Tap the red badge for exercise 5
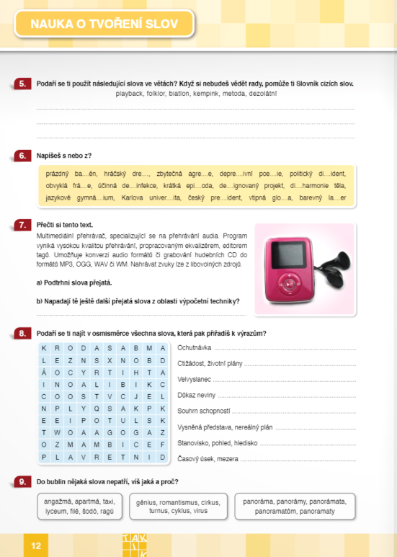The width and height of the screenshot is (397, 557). click(22, 84)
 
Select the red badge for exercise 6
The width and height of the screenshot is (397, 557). click(22, 155)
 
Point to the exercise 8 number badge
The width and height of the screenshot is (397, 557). click(22, 333)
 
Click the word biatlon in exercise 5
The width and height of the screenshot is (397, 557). click(179, 94)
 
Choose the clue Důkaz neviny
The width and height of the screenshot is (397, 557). click(197, 395)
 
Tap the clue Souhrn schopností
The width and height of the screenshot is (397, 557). click(204, 411)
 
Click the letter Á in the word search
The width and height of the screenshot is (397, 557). click(44, 372)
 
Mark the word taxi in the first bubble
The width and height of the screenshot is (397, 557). click(109, 501)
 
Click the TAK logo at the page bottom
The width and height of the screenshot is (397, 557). click(135, 545)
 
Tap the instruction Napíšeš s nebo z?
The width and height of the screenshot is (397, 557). click(64, 155)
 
